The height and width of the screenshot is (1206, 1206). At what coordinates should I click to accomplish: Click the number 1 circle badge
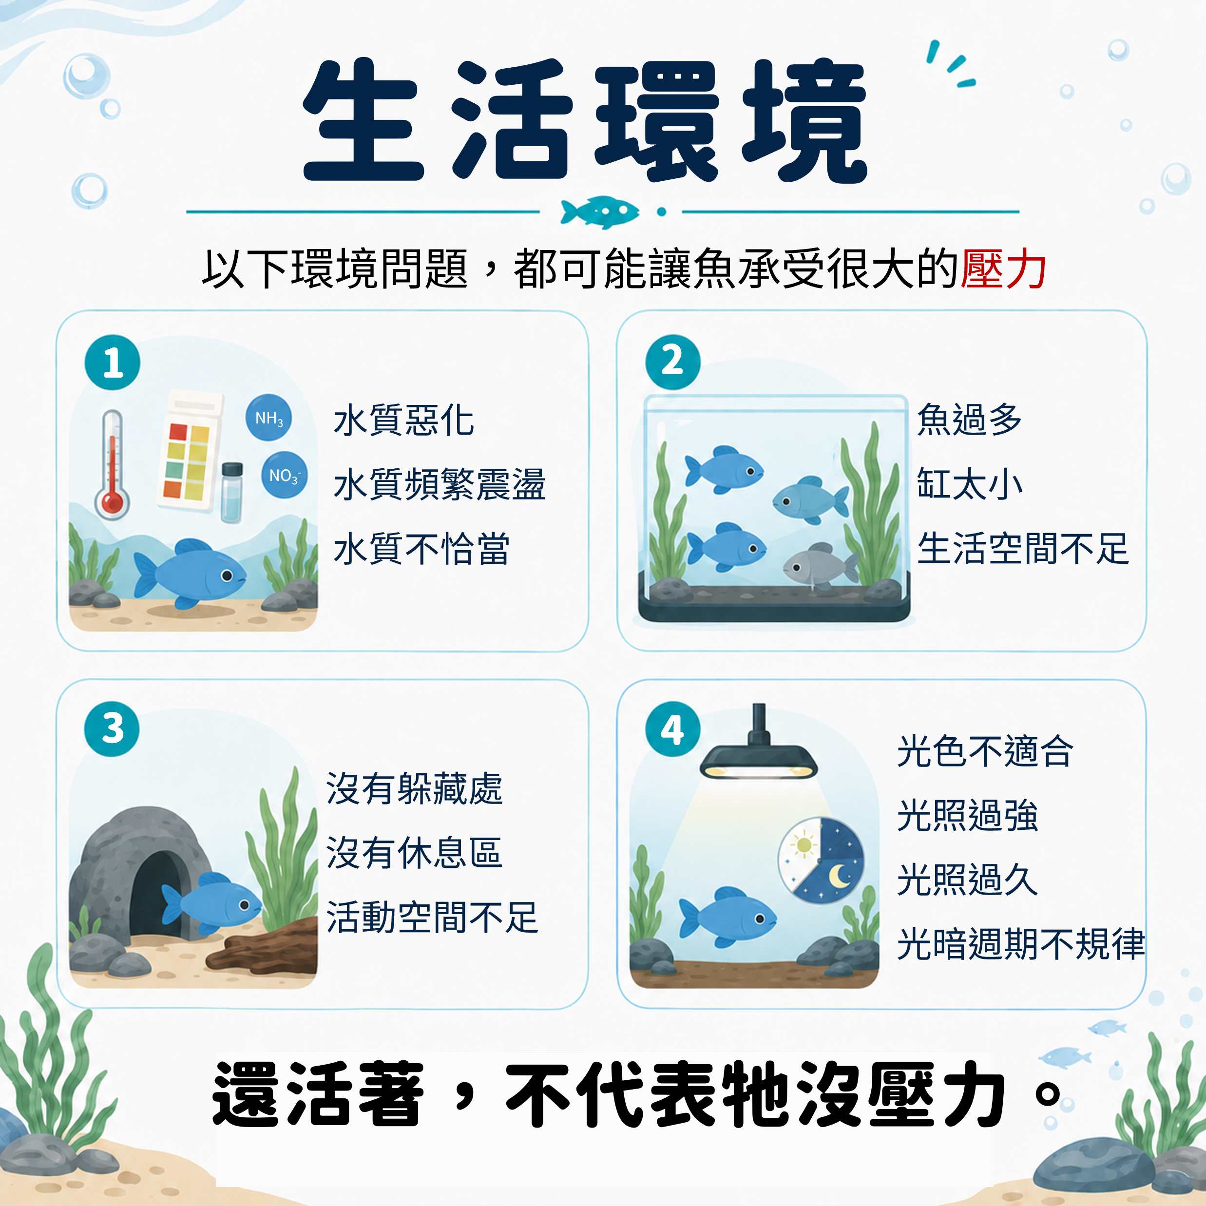point(113,362)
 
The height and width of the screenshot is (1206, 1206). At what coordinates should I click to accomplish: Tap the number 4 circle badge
point(672,728)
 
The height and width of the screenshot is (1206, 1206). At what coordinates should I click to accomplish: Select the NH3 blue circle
point(268,418)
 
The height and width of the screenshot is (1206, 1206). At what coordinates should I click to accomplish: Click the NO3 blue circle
point(284,475)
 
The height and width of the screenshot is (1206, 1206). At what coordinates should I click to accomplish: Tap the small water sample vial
point(231,493)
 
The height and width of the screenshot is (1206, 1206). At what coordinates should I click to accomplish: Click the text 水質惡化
point(404,420)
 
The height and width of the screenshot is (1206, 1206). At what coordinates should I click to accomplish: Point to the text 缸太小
point(969,484)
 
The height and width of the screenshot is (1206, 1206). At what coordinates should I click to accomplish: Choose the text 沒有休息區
point(414,853)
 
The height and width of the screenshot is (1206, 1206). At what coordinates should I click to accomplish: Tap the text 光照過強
point(967,815)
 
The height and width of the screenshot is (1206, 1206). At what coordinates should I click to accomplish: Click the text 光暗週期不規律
point(1021,944)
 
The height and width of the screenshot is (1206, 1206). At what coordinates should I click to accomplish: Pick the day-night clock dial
point(821,860)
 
